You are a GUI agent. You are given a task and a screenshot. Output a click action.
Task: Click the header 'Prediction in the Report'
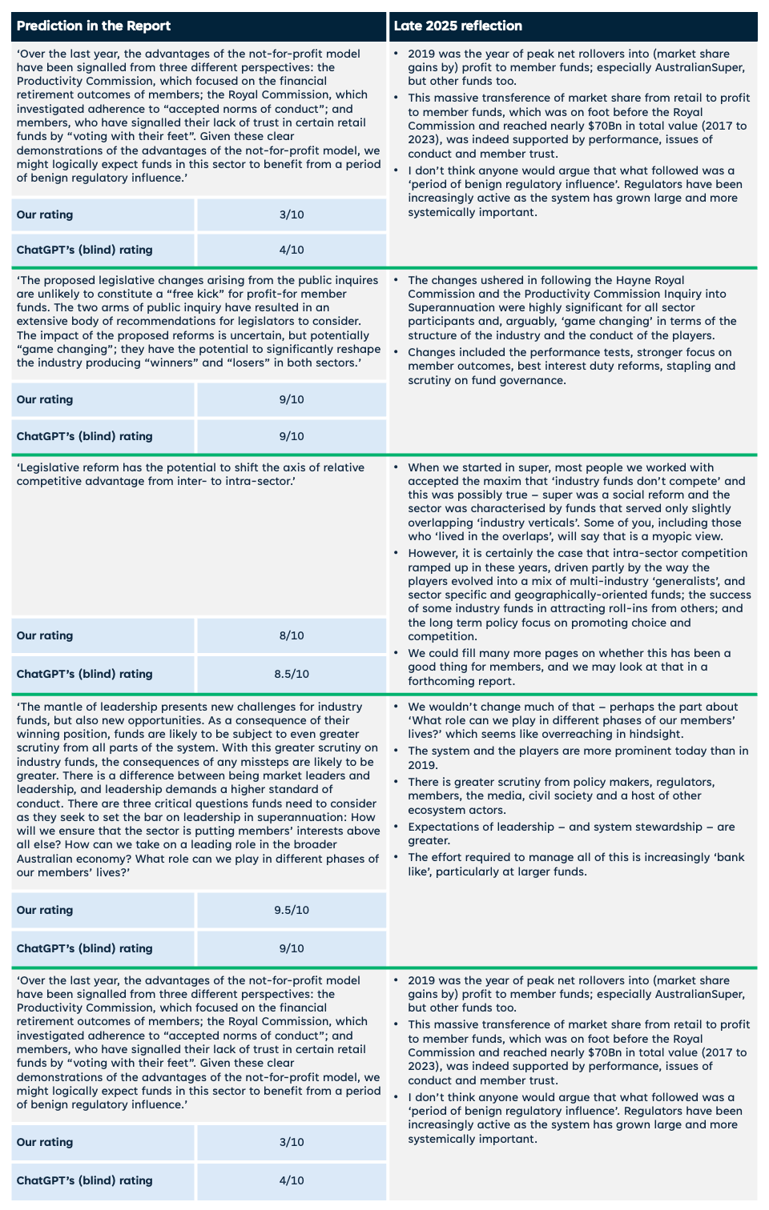pos(94,26)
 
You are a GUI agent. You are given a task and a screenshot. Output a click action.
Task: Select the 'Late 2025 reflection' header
pos(457,26)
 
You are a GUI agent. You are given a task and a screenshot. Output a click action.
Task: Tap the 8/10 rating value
pos(292,635)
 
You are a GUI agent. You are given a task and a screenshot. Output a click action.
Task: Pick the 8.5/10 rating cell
pos(292,674)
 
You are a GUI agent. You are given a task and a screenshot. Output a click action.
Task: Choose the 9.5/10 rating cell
pos(292,910)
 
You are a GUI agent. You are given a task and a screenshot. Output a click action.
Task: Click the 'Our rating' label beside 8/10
pos(45,635)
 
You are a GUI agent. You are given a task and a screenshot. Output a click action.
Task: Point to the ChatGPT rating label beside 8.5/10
pos(84,674)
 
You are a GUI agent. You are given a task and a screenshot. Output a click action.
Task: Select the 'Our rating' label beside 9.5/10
pos(45,910)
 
